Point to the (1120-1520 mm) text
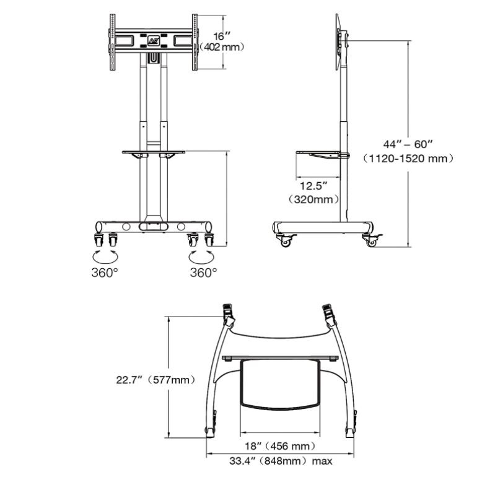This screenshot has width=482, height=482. tap(409, 159)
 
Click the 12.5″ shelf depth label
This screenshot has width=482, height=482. tap(313, 186)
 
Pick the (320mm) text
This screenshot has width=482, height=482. tap(314, 199)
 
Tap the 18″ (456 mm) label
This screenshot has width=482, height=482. tap(278, 445)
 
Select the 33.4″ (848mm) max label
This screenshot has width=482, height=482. tap(279, 461)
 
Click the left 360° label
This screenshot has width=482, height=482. tap(105, 272)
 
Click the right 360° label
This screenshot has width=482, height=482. tap(203, 272)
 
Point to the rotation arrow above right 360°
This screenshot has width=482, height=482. tap(202, 256)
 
